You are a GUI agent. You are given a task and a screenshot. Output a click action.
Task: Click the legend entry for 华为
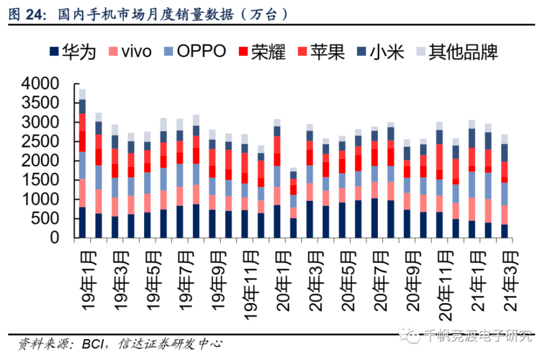point(75,52)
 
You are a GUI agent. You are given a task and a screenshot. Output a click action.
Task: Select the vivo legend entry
point(131,52)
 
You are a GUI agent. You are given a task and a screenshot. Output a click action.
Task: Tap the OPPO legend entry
point(195,52)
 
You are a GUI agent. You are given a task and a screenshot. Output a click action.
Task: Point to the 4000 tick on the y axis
point(40,84)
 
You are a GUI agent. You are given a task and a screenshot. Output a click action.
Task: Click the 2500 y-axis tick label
point(40,141)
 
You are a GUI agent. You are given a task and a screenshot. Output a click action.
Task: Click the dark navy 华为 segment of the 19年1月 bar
point(82,222)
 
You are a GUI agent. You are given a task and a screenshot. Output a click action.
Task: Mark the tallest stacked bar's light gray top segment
point(82,94)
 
